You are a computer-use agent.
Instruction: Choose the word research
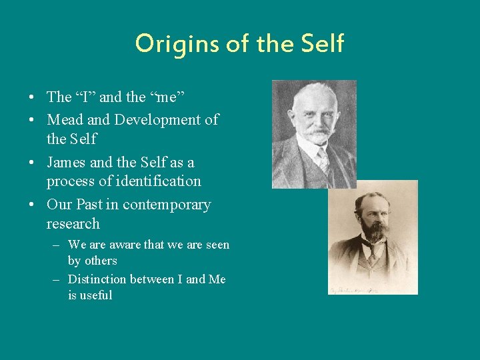(x=73, y=223)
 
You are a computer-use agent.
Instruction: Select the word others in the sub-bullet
(x=101, y=261)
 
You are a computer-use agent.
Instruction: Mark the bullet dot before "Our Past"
(x=32, y=205)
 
